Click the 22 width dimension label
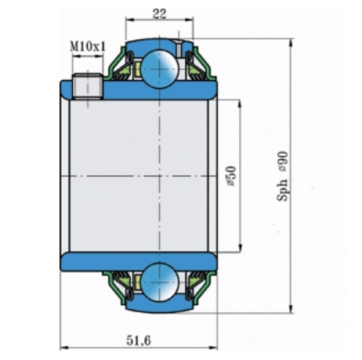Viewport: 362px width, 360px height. [x=160, y=13]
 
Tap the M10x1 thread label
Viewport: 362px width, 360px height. [x=88, y=47]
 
